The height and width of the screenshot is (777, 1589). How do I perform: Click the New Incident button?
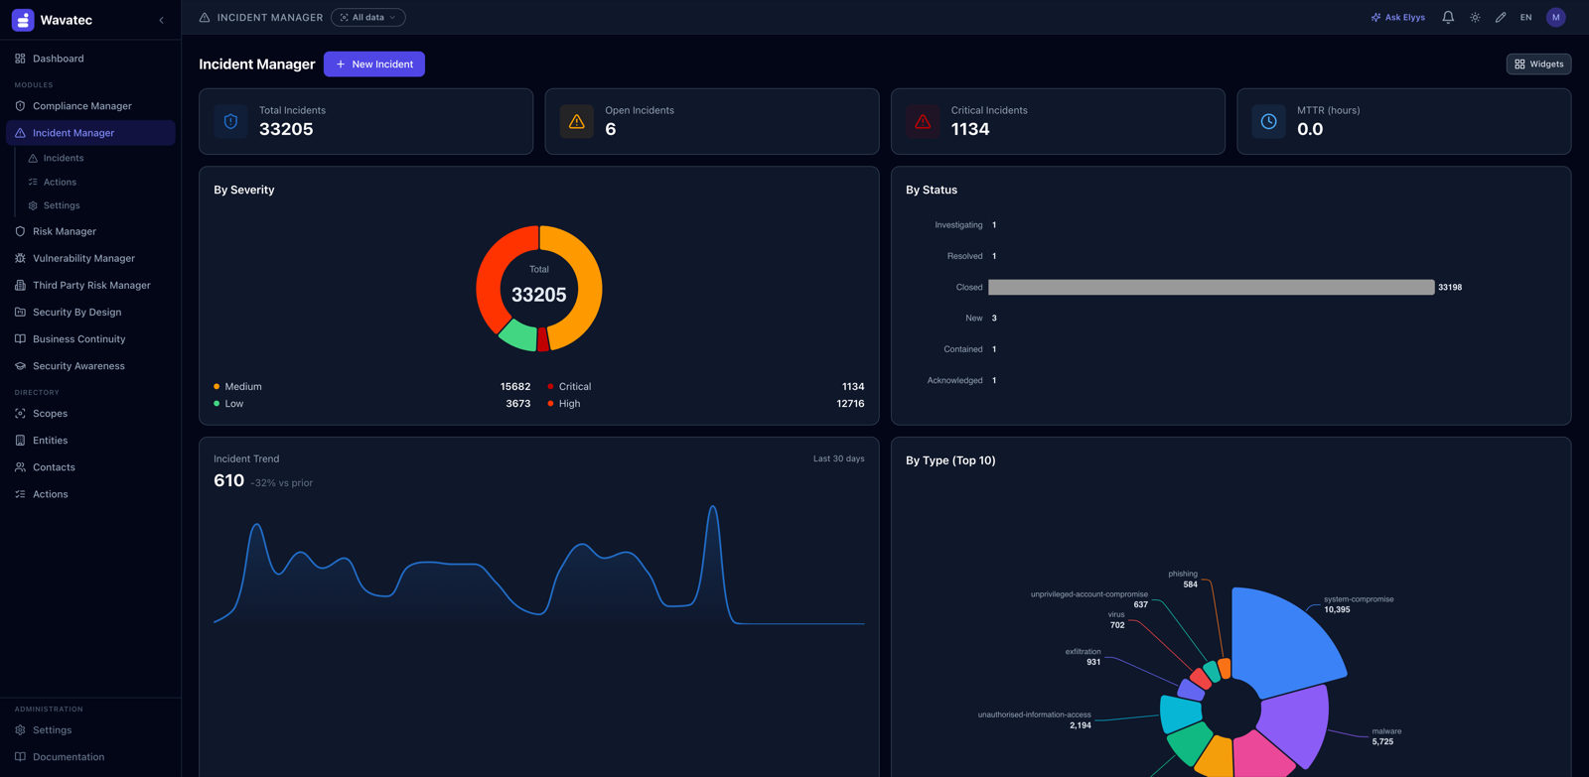pyautogui.click(x=373, y=64)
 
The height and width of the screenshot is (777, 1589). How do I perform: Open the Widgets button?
pyautogui.click(x=1538, y=64)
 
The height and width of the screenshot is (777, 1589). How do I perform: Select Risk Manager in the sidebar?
pyautogui.click(x=64, y=231)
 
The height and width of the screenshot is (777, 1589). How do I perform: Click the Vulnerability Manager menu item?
pyautogui.click(x=83, y=258)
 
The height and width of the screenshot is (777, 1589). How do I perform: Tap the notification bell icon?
pyautogui.click(x=1448, y=17)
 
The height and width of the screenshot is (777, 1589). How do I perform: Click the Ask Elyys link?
pyautogui.click(x=1397, y=17)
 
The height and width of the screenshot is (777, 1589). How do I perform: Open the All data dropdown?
pyautogui.click(x=368, y=17)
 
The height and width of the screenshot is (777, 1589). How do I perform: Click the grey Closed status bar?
pyautogui.click(x=1211, y=287)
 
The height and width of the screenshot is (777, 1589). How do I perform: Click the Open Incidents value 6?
pyautogui.click(x=610, y=129)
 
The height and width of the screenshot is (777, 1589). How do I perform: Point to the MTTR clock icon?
pyautogui.click(x=1268, y=121)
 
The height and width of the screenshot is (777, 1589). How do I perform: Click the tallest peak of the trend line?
pyautogui.click(x=713, y=506)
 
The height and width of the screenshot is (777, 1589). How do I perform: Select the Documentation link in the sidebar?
pyautogui.click(x=69, y=756)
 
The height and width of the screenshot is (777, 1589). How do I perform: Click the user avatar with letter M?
pyautogui.click(x=1555, y=17)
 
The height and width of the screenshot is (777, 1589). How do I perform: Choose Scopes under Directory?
pyautogui.click(x=50, y=414)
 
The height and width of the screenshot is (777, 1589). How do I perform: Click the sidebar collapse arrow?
pyautogui.click(x=161, y=20)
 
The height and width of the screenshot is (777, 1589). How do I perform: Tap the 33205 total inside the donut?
pyautogui.click(x=538, y=295)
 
